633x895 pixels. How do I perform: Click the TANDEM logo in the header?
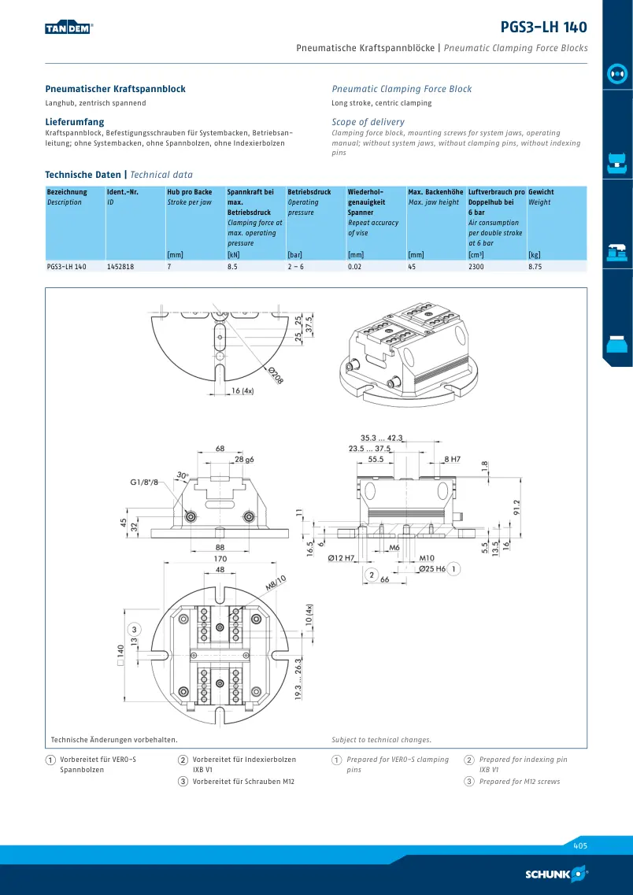coord(69,28)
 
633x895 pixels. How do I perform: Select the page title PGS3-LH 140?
coord(543,27)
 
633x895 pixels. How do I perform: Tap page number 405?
coord(580,846)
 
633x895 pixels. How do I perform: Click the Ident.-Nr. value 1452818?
coord(120,267)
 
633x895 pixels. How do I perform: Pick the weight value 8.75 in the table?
coord(535,267)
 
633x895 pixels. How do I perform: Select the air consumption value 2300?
coord(476,267)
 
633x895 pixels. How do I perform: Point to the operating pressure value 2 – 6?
coord(296,267)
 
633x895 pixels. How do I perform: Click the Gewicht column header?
coord(541,192)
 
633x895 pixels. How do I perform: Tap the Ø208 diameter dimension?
coord(276,375)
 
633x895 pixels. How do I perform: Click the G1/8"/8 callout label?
coord(144,483)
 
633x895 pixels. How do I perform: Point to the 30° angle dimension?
coord(182,475)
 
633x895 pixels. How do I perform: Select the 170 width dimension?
coord(220,559)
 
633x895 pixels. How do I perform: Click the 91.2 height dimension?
coord(517,508)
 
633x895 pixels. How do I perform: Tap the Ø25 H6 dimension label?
coord(432,569)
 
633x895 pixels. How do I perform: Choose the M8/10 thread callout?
coord(276,582)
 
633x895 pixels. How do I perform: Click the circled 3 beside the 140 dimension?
coord(135,630)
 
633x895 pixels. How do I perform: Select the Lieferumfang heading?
coord(75,122)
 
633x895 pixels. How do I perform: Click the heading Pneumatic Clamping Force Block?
coord(402,89)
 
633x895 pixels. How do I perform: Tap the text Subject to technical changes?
coord(381,740)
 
